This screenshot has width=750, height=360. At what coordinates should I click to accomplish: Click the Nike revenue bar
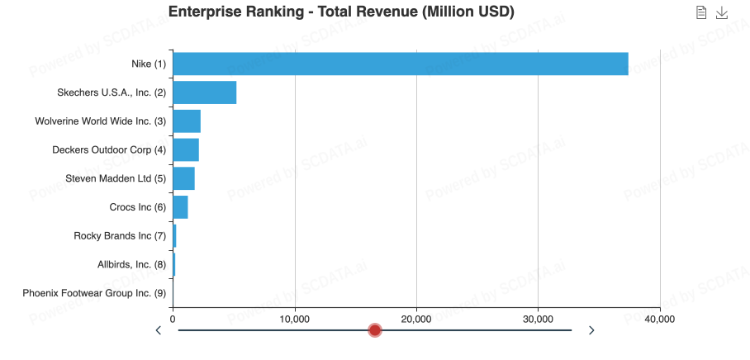pyautogui.click(x=400, y=64)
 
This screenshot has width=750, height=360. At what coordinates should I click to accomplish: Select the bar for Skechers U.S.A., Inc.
pyautogui.click(x=204, y=92)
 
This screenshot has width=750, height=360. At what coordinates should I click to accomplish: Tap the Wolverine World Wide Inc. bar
pyautogui.click(x=187, y=121)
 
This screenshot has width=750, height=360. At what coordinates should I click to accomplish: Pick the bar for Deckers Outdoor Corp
pyautogui.click(x=186, y=149)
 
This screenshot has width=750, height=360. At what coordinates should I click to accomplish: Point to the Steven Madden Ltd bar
pyautogui.click(x=183, y=178)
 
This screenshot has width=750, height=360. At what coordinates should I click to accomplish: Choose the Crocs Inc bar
pyautogui.click(x=180, y=207)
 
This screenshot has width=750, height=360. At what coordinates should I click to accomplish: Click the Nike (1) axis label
pyautogui.click(x=149, y=64)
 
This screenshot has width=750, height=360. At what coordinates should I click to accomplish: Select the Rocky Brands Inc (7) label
pyautogui.click(x=120, y=236)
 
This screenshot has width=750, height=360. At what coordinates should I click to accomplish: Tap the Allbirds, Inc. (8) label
pyautogui.click(x=131, y=265)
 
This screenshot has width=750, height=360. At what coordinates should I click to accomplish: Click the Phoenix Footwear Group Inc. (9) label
pyautogui.click(x=94, y=293)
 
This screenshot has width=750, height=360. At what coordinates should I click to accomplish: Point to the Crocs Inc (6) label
pyautogui.click(x=137, y=207)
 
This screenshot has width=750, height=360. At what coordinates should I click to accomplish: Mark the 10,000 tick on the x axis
pyautogui.click(x=295, y=319)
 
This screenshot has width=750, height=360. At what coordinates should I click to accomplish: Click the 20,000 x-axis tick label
pyautogui.click(x=416, y=319)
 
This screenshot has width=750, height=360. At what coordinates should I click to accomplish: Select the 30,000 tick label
pyautogui.click(x=539, y=319)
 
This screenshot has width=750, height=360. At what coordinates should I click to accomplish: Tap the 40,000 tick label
pyautogui.click(x=659, y=319)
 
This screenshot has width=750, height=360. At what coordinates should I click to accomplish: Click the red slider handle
pyautogui.click(x=375, y=330)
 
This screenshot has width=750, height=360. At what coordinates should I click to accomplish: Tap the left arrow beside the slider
pyautogui.click(x=159, y=330)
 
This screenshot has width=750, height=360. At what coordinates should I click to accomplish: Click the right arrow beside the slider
pyautogui.click(x=591, y=330)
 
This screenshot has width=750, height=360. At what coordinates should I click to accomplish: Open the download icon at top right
pyautogui.click(x=722, y=12)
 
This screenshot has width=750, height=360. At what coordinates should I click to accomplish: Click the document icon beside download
pyautogui.click(x=701, y=12)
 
